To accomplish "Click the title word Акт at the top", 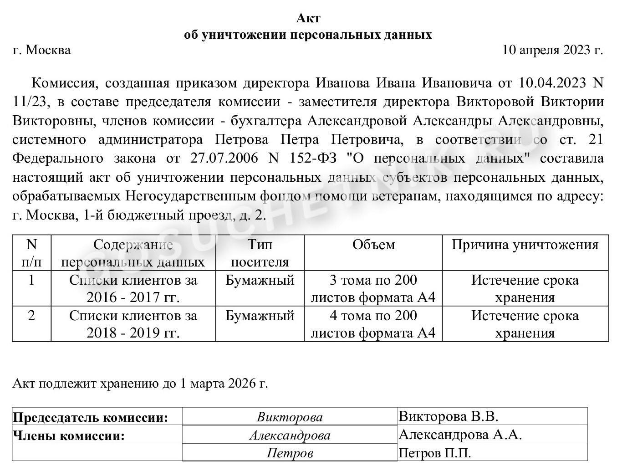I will tap(308, 18).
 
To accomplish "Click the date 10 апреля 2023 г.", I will tap(552, 50).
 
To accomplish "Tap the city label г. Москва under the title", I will tap(42, 50).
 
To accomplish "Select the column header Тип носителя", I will tap(260, 253).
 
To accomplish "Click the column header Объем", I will tap(373, 245).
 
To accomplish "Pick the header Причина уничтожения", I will tap(525, 245).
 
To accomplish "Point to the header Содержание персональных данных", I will tap(133, 253).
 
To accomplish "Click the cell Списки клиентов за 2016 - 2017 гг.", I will tap(133, 289).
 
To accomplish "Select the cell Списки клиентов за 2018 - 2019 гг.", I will tap(133, 324).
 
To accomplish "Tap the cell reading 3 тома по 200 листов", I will tap(373, 289).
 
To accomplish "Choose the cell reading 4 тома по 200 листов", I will tap(373, 324).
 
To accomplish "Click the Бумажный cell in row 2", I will tap(260, 316).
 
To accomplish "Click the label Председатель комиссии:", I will tap(91, 417).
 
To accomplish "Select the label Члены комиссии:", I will tap(69, 435).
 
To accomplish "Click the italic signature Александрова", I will tap(290, 435).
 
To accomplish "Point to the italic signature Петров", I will tap(290, 453).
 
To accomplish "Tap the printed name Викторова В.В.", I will tap(449, 416).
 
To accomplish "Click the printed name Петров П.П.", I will tap(435, 453).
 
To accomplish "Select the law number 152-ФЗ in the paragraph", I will tap(313, 159).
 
